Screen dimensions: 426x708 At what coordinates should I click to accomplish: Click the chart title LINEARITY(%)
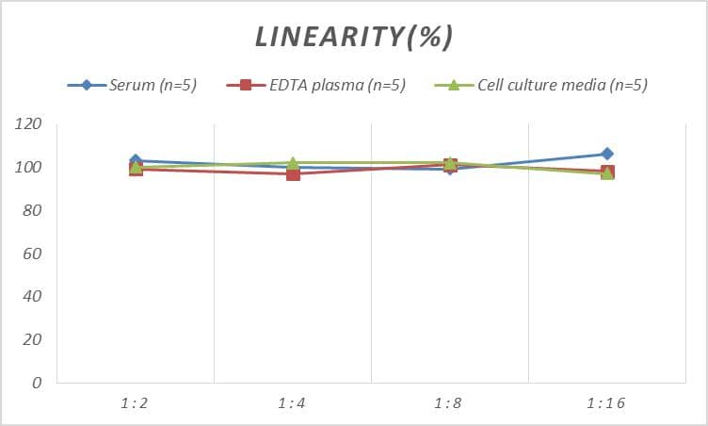pos(354,36)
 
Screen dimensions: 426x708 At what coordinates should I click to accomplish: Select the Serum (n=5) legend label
pos(152,86)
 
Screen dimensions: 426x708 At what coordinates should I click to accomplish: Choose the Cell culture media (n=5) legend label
pos(562,86)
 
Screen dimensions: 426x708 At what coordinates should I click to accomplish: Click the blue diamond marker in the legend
pos(86,86)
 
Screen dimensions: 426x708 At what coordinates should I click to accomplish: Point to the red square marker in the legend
pos(247,86)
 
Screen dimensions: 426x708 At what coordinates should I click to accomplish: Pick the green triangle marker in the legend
pos(453,86)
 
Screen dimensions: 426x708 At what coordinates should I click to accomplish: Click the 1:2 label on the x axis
pos(136,403)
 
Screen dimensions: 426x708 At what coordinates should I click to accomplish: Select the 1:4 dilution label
pos(292,403)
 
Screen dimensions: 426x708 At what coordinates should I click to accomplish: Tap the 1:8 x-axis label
pos(449,403)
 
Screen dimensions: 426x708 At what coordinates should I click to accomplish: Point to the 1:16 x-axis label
pos(606,403)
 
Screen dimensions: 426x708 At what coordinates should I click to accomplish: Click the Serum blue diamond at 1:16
pos(607,154)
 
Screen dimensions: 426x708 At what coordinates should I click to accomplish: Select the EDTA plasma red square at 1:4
pos(293,173)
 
